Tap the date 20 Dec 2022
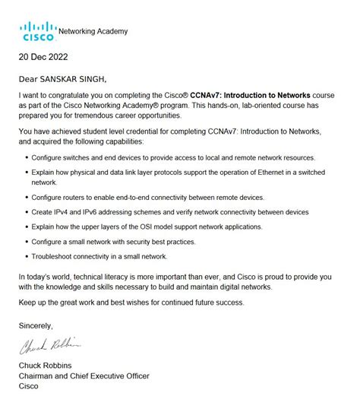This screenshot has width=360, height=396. (x=46, y=56)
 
